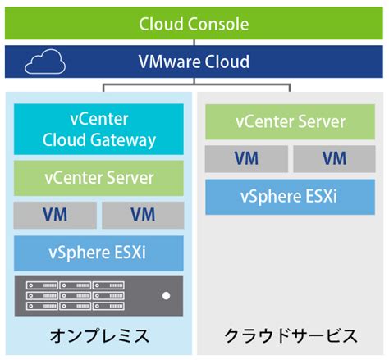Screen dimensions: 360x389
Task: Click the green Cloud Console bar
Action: pyautogui.click(x=194, y=23)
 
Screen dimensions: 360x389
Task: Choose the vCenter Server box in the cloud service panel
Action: pyautogui.click(x=291, y=123)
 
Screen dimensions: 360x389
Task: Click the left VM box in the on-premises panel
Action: pyautogui.click(x=54, y=215)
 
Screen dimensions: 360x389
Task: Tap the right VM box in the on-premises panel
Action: pyautogui.click(x=142, y=215)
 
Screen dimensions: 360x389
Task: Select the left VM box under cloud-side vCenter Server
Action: pyautogui.click(x=246, y=158)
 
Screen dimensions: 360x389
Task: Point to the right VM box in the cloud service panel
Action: pyautogui.click(x=334, y=158)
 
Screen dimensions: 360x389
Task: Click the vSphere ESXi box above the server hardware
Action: pyautogui.click(x=98, y=253)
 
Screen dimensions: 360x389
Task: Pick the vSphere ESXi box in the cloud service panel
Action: pyautogui.click(x=291, y=197)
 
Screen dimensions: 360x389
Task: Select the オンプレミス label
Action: pyautogui.click(x=98, y=336)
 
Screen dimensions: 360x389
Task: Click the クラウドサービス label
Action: pyautogui.click(x=291, y=336)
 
